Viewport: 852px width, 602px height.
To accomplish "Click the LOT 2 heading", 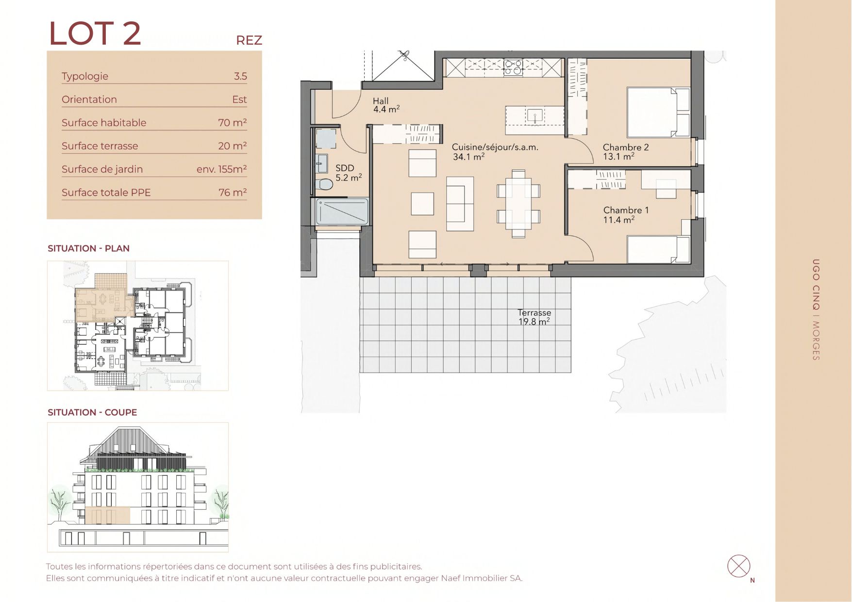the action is pos(95,33).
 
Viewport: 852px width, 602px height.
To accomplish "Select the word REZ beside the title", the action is pos(249,40).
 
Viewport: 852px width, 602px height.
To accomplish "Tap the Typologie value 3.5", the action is pos(240,76).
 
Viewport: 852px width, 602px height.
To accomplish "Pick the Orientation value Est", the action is pos(239,99).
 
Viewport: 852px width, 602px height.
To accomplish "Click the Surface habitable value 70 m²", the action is pos(233,123).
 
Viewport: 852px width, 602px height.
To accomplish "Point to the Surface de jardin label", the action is pos(102,169).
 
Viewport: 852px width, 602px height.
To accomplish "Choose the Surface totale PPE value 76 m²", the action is pos(233,193).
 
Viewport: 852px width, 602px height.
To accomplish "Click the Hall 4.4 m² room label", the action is pos(386,105).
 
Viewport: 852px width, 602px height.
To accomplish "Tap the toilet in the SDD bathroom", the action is pos(324,184).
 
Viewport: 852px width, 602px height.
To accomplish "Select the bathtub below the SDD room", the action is pos(342,212).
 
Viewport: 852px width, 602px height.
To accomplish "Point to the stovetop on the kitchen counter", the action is pos(513,67).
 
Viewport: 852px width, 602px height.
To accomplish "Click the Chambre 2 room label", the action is pos(626,152).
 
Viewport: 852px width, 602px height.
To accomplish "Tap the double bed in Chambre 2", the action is pos(658,112).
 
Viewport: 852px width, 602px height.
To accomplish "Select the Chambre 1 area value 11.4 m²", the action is pos(618,220).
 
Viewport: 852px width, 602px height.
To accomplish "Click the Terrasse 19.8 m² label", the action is pos(534,317).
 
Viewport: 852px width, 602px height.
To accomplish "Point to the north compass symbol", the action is pos(739,566).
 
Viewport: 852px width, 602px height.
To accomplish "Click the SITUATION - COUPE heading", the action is pos(92,412).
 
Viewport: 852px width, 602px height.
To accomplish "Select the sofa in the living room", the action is pos(460,203).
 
